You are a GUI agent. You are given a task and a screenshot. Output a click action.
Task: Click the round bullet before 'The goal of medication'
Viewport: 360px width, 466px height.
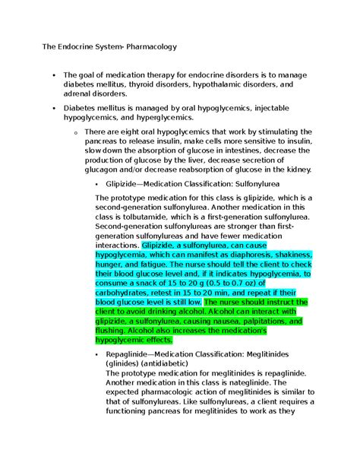click(x=54, y=75)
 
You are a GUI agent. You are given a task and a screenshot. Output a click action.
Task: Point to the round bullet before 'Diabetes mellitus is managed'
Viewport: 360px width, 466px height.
click(x=54, y=109)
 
